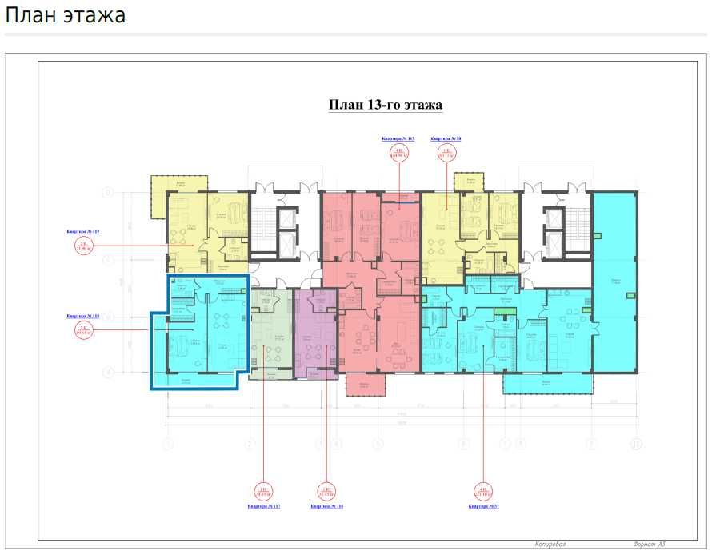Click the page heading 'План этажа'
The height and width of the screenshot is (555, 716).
click(x=66, y=15)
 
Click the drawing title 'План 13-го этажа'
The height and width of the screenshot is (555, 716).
click(x=386, y=105)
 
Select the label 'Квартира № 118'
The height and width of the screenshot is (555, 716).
click(x=82, y=316)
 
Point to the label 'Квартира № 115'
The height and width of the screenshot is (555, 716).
click(x=398, y=138)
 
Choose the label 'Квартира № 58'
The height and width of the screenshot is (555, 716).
click(x=446, y=138)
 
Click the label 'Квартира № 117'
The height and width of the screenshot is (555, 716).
click(x=263, y=506)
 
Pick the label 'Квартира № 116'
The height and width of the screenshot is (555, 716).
click(x=326, y=506)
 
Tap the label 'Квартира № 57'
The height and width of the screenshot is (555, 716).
click(x=485, y=506)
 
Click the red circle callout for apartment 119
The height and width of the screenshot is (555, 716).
click(x=82, y=247)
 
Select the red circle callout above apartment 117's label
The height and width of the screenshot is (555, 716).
click(x=263, y=490)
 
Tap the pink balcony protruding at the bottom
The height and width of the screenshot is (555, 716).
click(x=366, y=385)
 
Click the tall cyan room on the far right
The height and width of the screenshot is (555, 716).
click(x=614, y=280)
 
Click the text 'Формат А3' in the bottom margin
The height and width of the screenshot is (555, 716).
click(x=649, y=544)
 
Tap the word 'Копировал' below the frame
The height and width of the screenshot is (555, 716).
click(x=551, y=544)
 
